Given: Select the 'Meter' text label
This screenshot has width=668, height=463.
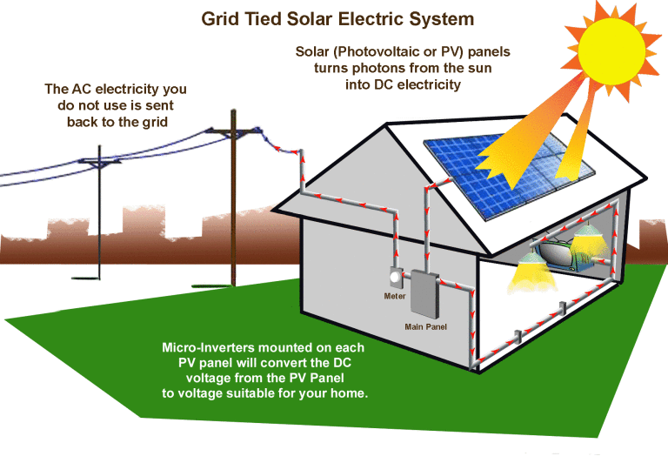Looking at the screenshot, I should point(395,296).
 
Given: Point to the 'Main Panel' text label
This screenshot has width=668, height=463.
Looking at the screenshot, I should point(425,326).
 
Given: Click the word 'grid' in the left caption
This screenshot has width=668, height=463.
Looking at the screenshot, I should point(150,122).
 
